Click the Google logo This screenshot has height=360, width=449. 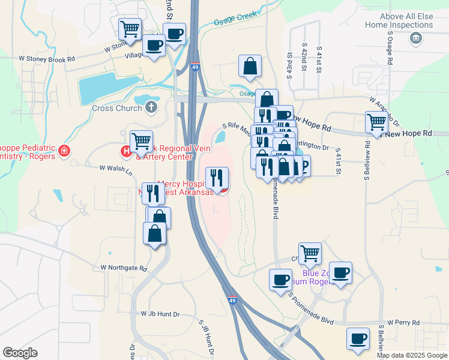tap(20, 353)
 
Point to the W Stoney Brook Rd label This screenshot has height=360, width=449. tap(47, 59)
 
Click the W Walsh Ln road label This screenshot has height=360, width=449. tap(116, 170)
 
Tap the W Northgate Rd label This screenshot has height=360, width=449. tap(124, 268)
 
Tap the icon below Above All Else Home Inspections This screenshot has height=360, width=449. tap(415, 39)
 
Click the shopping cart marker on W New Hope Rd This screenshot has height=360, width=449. tap(376, 122)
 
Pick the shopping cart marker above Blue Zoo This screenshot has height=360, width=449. tap(310, 253)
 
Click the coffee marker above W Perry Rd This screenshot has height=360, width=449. tap(358, 338)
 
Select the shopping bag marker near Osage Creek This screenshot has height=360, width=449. tap(250, 67)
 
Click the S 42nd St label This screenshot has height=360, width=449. tap(304, 58)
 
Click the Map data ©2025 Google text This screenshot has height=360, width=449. tap(411, 355)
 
